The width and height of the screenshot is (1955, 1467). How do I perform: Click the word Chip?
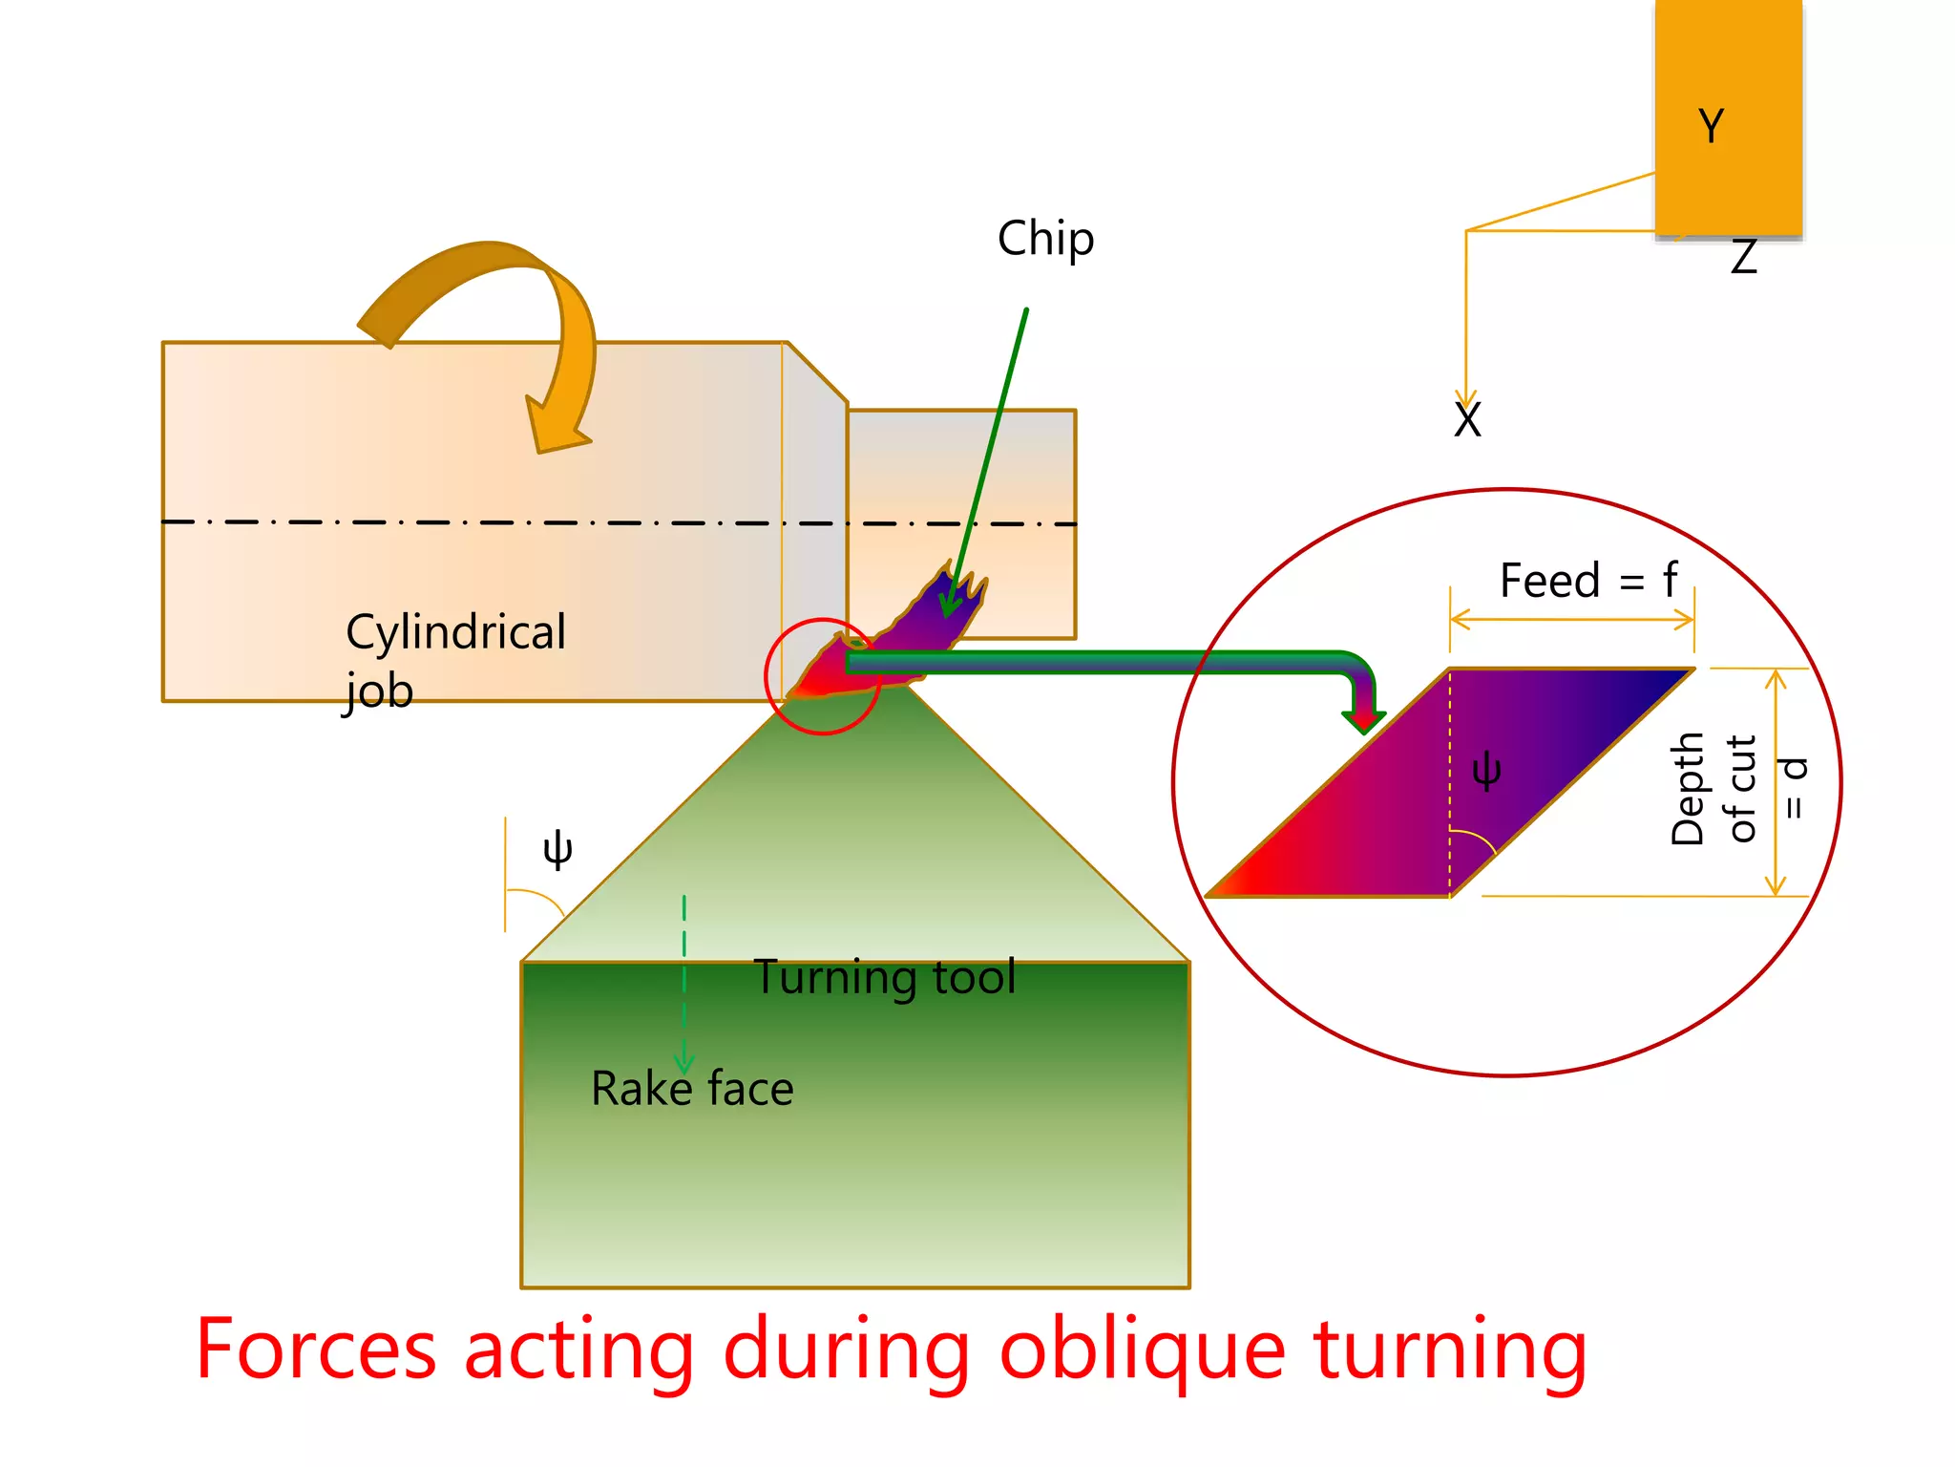[1045, 239]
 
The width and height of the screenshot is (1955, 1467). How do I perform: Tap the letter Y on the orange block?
[1711, 126]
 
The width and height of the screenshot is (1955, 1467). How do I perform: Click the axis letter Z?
[1743, 258]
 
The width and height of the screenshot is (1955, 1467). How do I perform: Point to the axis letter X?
[1467, 420]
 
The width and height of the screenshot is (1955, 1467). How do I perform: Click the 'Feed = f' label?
[1587, 581]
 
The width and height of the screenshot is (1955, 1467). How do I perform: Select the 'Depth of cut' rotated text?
[1713, 789]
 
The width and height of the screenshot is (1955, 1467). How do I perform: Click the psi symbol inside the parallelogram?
[1486, 770]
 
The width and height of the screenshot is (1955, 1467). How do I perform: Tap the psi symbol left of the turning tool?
[557, 848]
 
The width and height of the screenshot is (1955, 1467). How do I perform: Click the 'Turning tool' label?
[885, 977]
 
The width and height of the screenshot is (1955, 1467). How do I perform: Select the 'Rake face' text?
[692, 1089]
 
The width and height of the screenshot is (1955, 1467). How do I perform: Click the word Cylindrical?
[455, 632]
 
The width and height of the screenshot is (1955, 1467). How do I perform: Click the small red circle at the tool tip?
[822, 677]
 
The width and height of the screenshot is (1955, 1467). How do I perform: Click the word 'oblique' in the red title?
[1142, 1350]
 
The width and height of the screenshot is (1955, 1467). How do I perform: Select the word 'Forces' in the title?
[316, 1349]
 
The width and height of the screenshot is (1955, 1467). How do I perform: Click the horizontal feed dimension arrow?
[1572, 621]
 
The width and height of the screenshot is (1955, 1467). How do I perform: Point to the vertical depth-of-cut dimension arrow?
[1776, 783]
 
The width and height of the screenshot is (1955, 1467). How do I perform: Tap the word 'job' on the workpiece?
[379, 691]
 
